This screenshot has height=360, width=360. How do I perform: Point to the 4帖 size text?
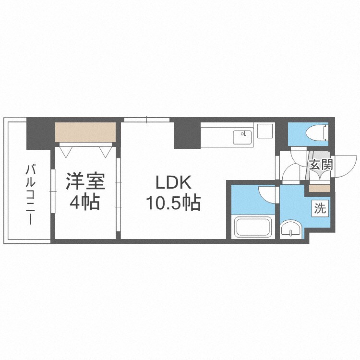click(84, 202)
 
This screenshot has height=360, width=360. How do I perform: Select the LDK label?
click(173, 183)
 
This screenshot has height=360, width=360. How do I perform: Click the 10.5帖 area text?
click(173, 204)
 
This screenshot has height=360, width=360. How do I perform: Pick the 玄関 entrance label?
click(321, 165)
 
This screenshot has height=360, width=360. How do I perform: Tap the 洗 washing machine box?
click(320, 208)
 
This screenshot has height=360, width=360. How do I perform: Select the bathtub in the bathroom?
click(253, 228)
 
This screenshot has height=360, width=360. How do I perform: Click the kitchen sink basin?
click(243, 137)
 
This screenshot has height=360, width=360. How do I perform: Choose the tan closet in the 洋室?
click(85, 132)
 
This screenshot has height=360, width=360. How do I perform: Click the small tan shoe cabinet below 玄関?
click(317, 188)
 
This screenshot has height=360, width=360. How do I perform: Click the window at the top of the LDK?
click(147, 120)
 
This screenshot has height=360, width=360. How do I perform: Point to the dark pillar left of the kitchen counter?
click(187, 133)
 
